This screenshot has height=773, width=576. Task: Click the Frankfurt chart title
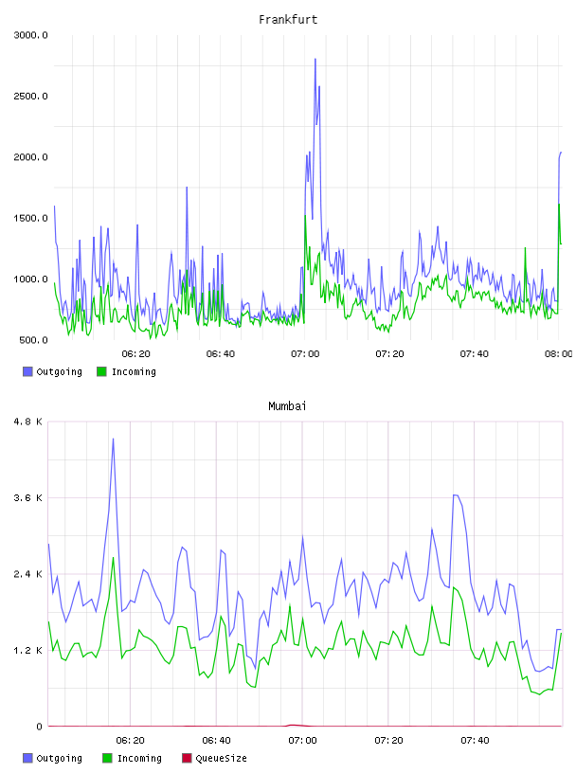[288, 20]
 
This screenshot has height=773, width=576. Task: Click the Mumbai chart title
[287, 406]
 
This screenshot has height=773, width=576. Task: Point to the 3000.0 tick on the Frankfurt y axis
[30, 35]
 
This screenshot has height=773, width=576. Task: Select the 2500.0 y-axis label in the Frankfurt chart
[30, 96]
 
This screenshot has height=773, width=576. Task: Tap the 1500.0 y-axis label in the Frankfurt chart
[30, 219]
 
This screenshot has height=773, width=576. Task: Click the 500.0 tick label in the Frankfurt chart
[33, 340]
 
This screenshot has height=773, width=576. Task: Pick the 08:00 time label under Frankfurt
[559, 354]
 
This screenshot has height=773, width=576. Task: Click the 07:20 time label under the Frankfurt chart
[389, 354]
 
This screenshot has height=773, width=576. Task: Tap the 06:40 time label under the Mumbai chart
[216, 741]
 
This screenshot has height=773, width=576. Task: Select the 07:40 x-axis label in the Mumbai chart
[475, 741]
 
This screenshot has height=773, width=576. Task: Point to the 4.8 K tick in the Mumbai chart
[28, 422]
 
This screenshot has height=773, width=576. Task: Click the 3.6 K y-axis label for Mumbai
[28, 498]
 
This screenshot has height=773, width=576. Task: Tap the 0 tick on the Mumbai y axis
[40, 727]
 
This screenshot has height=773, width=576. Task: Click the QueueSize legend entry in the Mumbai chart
[214, 758]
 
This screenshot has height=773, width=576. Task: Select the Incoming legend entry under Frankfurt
[127, 371]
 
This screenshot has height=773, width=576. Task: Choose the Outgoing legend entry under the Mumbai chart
[53, 758]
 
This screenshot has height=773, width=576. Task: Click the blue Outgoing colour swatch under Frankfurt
[27, 371]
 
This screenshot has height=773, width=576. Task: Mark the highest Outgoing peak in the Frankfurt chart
[315, 59]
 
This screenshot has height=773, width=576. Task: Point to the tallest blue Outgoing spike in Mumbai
[113, 439]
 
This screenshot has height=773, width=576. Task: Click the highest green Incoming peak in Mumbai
[113, 558]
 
